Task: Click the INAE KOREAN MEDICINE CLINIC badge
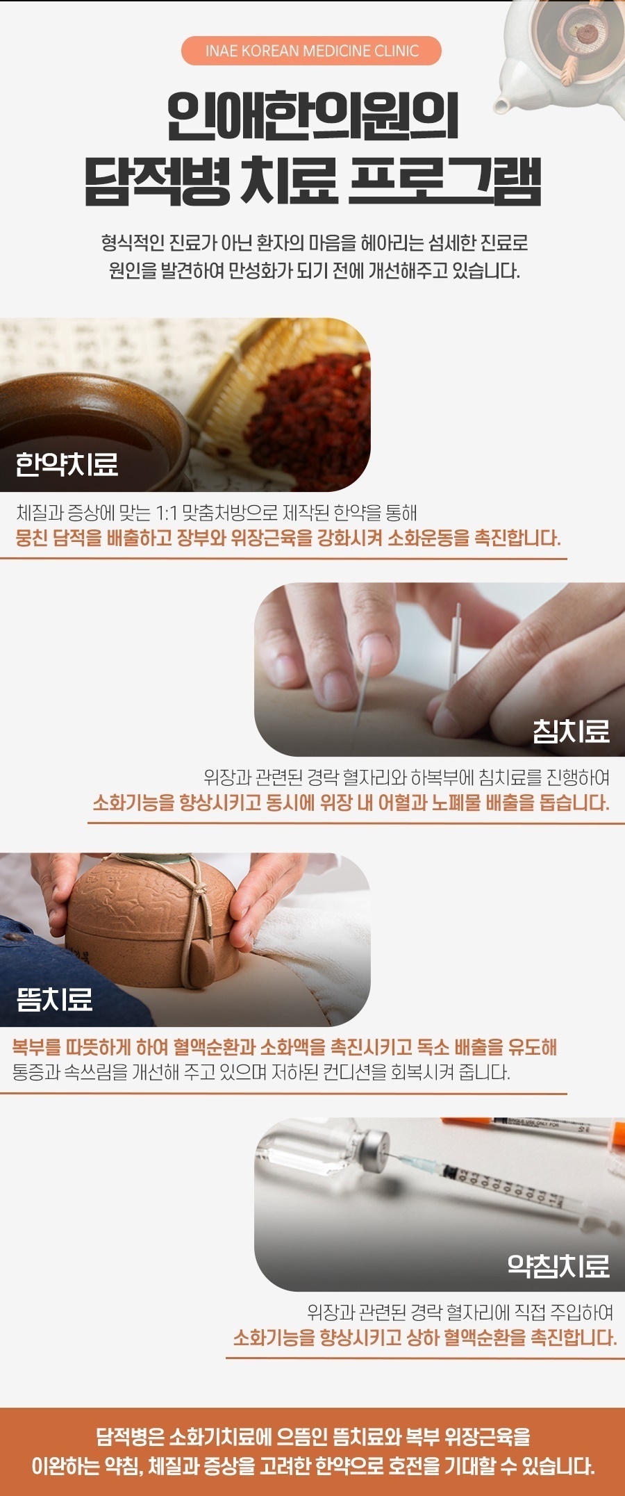pyautogui.click(x=311, y=51)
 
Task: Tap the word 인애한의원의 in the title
pyautogui.click(x=312, y=116)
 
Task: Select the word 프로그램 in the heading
pyautogui.click(x=444, y=182)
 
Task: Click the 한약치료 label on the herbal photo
pyautogui.click(x=67, y=464)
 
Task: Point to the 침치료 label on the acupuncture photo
pyautogui.click(x=571, y=730)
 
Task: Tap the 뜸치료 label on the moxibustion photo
pyautogui.click(x=55, y=999)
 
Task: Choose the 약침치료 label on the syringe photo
pyautogui.click(x=558, y=1265)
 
